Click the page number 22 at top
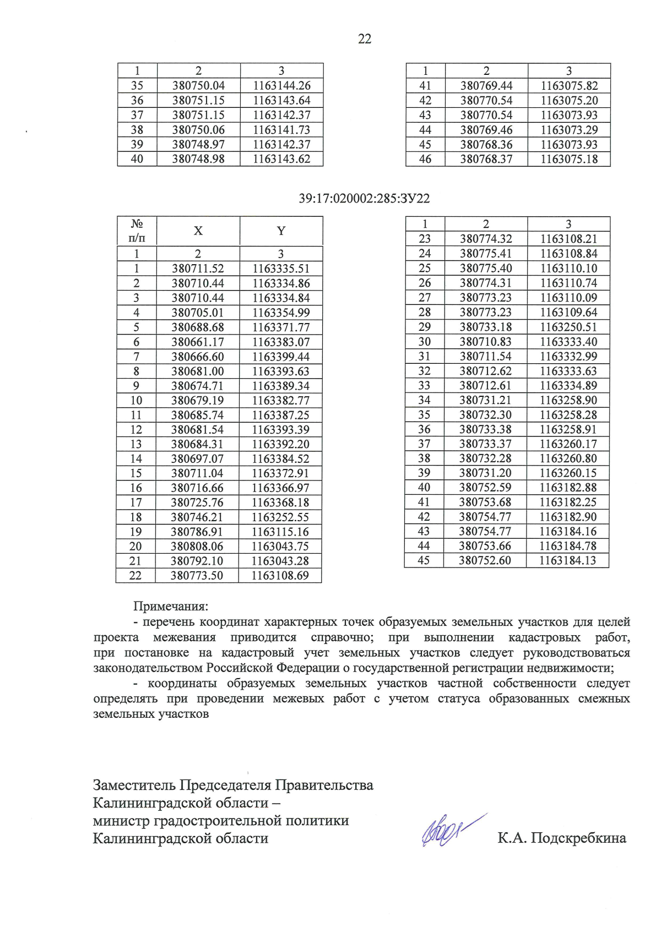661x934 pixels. pos(365,39)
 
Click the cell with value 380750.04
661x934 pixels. pos(198,86)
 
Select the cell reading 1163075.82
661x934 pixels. pos(569,86)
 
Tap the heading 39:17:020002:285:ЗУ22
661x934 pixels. pos(364,199)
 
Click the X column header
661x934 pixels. pos(198,231)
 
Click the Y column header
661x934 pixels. pos(281,231)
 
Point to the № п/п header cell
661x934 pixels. pos(137,231)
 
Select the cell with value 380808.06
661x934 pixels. pos(197,547)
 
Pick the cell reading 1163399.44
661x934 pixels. pos(281,357)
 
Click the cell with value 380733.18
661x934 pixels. pos(486,327)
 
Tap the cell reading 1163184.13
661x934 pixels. pos(567,560)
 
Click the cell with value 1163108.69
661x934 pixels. pos(280,576)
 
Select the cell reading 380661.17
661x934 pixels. pos(198,342)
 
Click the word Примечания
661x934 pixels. pos(171,607)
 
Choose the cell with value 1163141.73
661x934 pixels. pos(281,130)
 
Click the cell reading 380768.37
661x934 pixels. pos(486,159)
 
